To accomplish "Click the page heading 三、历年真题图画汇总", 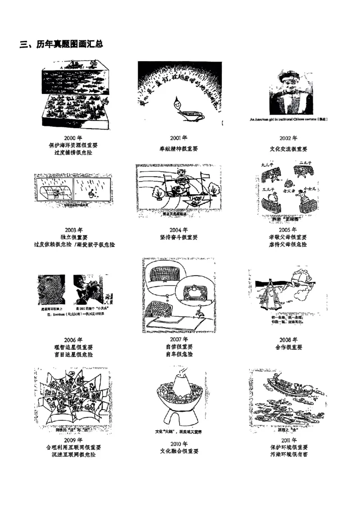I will click(62, 44).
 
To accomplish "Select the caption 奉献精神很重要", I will click(179, 149).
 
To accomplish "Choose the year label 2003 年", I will click(73, 230).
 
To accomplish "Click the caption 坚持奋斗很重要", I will click(179, 237).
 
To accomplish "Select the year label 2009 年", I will click(73, 440).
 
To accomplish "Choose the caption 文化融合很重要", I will click(179, 451).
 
